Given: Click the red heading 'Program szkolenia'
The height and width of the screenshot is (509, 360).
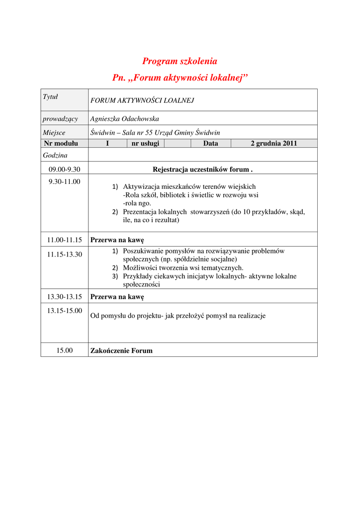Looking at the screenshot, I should tap(180, 61).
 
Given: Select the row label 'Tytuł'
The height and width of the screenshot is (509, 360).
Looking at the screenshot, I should tap(50, 96).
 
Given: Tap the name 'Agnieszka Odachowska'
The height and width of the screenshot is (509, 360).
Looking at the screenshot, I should tap(124, 118).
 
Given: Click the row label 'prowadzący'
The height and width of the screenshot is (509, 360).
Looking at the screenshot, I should tap(60, 118).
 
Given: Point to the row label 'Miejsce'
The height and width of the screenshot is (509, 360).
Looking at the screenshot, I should tap(54, 133).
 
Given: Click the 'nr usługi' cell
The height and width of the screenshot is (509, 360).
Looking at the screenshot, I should tap(145, 143).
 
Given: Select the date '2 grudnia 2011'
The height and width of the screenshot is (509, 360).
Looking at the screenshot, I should tap(273, 143).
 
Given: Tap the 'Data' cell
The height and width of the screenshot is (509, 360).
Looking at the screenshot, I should tap(210, 143).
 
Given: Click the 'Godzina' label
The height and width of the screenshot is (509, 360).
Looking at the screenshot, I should tap(55, 155).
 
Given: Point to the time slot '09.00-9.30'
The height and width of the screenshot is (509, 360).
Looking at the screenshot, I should tap(64, 170).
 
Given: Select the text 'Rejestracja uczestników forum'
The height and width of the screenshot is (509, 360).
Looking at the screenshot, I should tap(202, 170).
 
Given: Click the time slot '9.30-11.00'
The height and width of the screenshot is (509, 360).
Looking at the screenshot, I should tap(64, 181).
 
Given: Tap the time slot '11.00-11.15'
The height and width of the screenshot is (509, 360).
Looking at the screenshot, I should tap(64, 240).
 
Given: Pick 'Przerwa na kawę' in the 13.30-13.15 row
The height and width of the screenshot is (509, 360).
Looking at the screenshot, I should tap(117, 297).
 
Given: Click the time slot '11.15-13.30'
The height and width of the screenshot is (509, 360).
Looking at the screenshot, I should tap(64, 254).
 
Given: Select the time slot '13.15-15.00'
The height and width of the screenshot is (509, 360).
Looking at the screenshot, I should tap(64, 311).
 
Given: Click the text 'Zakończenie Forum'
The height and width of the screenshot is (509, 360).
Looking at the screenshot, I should tap(121, 350).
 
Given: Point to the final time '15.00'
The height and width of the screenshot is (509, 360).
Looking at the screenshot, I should tap(64, 350).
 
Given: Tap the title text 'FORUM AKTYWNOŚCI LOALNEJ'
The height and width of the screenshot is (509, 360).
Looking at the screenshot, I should tap(142, 100).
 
